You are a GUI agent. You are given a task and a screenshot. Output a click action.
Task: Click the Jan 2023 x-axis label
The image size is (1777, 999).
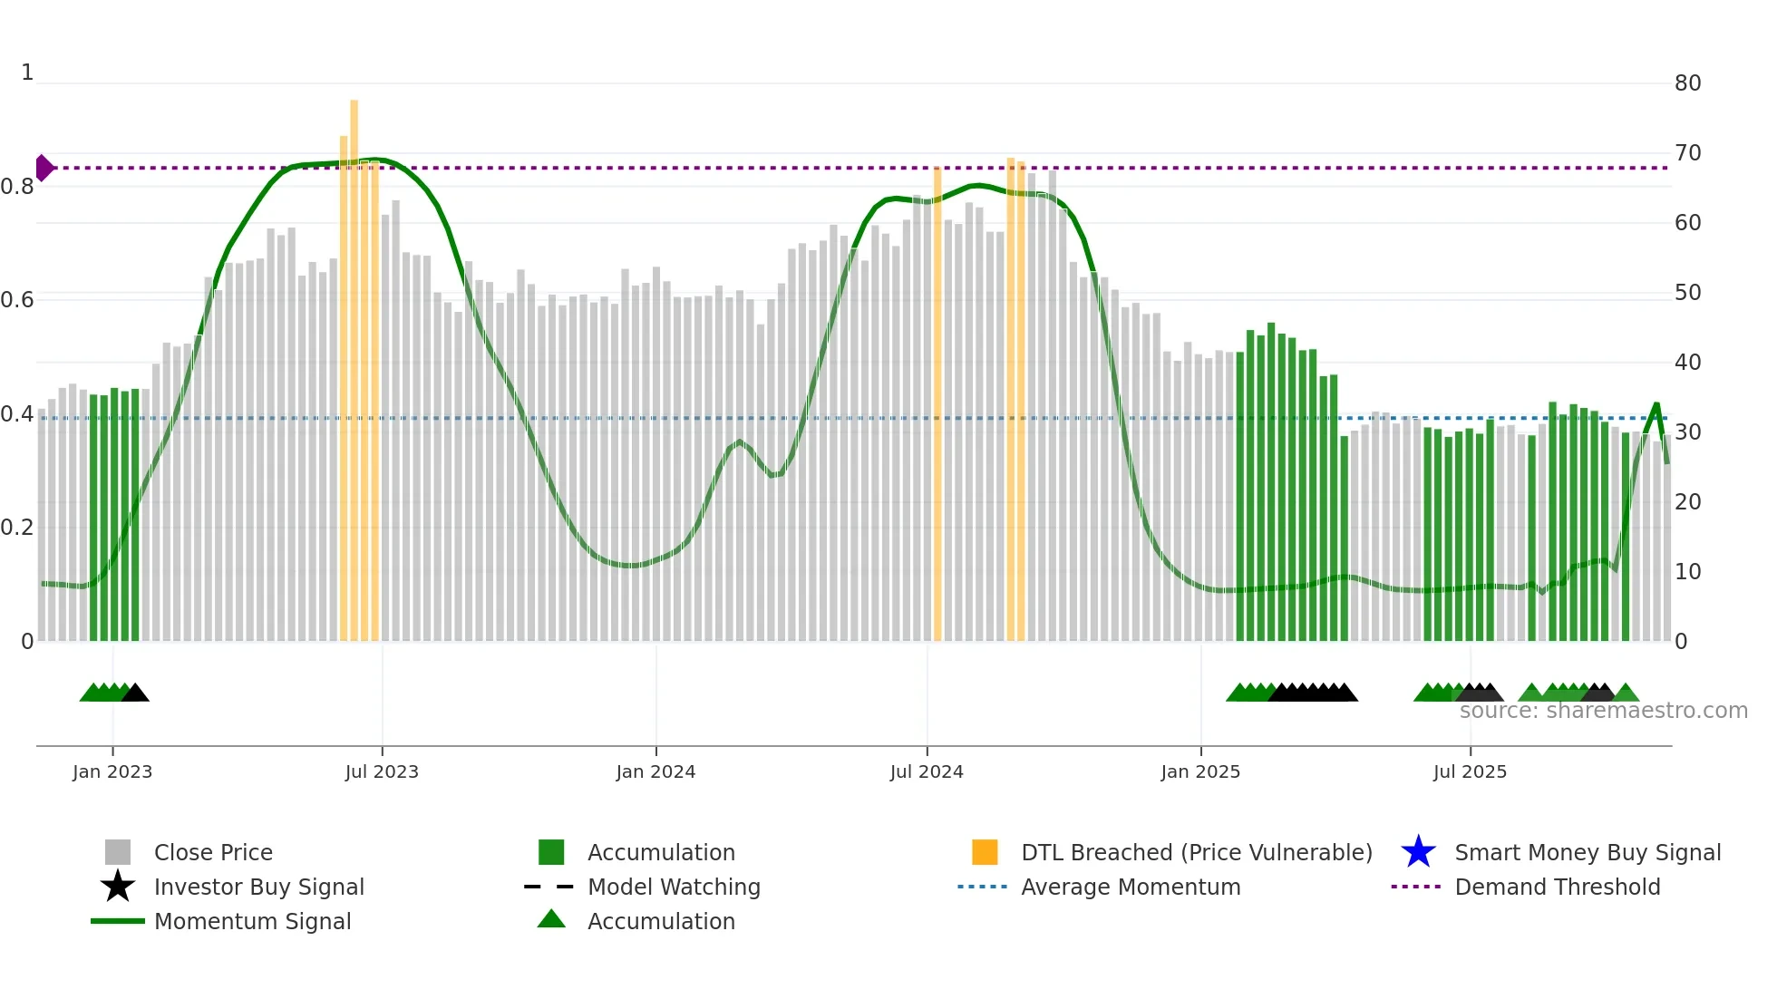pos(112,771)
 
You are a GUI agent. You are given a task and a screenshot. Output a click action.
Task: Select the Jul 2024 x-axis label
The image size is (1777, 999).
pos(927,771)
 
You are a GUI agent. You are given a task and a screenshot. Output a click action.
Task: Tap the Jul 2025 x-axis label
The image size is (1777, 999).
pos(1470,771)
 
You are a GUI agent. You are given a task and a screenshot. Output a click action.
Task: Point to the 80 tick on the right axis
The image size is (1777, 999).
pos(1687,83)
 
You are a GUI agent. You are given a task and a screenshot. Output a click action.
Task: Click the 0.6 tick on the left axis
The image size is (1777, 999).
pos(17,300)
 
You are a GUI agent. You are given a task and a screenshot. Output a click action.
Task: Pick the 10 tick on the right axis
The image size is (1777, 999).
pos(1687,572)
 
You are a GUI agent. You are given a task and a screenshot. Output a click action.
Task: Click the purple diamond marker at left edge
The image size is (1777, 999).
pos(44,168)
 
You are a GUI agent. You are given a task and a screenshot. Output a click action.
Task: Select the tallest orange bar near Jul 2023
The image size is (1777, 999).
pos(354,363)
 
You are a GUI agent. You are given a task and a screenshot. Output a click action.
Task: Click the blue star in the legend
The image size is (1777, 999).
pos(1418,852)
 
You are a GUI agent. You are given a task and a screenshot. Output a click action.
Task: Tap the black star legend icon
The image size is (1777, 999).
pos(118,887)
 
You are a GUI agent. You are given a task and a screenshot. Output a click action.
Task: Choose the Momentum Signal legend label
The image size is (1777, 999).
pos(252,921)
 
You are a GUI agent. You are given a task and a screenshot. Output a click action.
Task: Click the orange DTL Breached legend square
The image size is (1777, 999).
pos(985,852)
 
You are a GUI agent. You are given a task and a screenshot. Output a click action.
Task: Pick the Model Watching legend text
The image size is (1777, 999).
pos(674,887)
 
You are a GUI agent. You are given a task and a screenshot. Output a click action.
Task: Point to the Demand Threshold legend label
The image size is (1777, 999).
pos(1557,887)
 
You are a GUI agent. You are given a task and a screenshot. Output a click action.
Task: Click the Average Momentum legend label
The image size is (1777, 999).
pos(1131,887)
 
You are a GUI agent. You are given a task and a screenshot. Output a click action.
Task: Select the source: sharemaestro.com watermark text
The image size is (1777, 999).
pos(1603,711)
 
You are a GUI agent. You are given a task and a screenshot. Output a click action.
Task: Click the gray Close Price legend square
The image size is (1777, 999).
pos(118,852)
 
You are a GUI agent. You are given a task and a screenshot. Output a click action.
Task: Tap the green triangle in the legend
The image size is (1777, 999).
pos(551,919)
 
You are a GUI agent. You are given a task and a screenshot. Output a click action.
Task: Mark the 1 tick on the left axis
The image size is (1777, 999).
pos(27,73)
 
